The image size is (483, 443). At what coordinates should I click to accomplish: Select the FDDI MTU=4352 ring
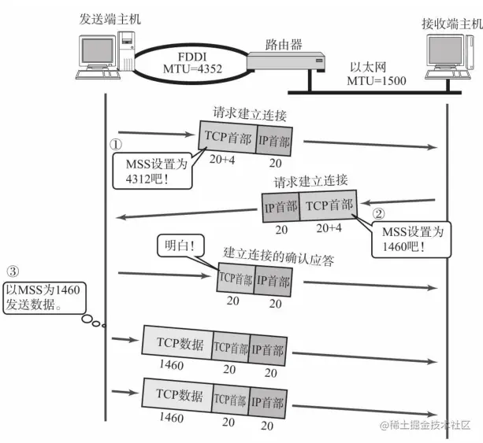(x=186, y=59)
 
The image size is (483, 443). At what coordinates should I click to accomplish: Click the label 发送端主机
(x=110, y=18)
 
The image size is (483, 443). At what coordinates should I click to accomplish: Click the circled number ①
(x=116, y=145)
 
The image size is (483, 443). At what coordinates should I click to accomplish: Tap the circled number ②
(x=378, y=212)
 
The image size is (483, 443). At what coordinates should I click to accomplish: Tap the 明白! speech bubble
(x=178, y=245)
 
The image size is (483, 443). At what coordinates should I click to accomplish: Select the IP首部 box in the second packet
(x=281, y=209)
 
